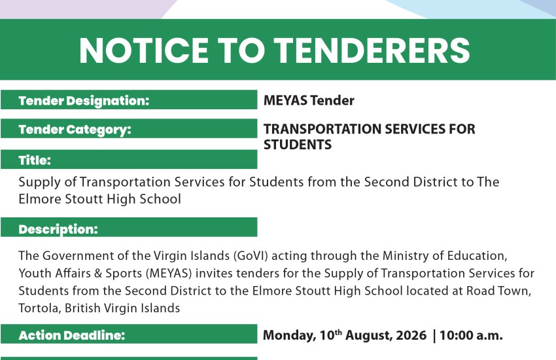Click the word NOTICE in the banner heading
tap(144, 50)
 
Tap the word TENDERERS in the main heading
tap(372, 50)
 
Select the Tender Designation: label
tap(84, 101)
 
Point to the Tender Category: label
tap(75, 130)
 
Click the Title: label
tap(35, 160)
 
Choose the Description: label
tap(58, 229)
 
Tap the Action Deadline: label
tap(72, 335)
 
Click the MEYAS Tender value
tap(309, 100)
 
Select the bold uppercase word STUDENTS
tap(298, 145)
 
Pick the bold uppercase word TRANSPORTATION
tap(322, 129)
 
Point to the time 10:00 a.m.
tap(471, 335)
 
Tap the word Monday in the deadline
tap(289, 336)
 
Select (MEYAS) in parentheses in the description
tap(168, 273)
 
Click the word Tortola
tap(40, 308)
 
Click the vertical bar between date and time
tap(434, 336)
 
